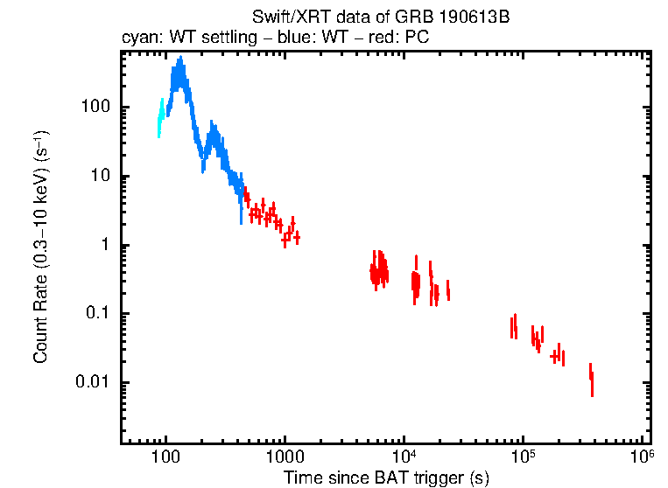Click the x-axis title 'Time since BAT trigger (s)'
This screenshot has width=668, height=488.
[385, 478]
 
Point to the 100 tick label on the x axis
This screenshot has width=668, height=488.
[165, 457]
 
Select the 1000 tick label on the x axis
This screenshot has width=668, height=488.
[284, 457]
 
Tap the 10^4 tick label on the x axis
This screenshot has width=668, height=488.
[404, 457]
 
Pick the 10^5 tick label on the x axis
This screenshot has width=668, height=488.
[523, 457]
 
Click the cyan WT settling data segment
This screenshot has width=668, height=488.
[161, 117]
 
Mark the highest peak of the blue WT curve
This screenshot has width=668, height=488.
[180, 60]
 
